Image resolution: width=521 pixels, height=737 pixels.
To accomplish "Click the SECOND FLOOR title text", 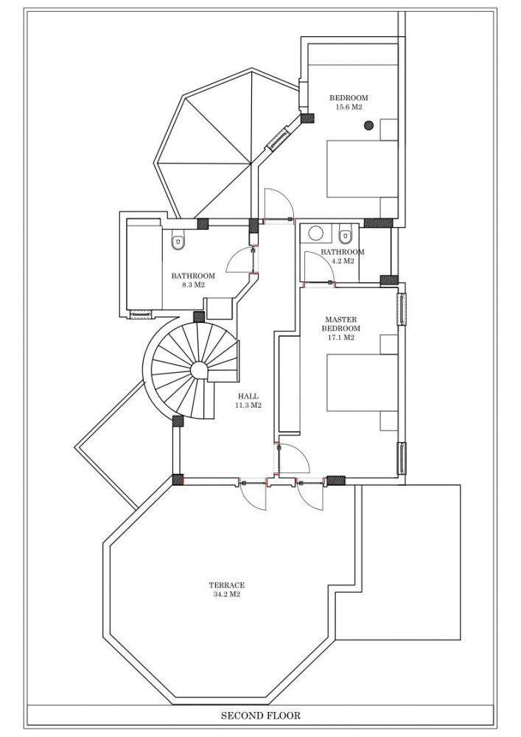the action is pos(260,716).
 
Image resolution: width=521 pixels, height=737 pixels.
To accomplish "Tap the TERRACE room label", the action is pos(226,585).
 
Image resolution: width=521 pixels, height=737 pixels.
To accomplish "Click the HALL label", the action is pos(248,397).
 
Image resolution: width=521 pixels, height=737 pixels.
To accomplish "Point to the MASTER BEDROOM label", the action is pos(341,324).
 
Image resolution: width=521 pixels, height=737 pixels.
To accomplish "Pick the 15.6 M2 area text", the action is pos(349,107).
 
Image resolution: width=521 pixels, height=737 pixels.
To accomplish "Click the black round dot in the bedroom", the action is pos(368,125).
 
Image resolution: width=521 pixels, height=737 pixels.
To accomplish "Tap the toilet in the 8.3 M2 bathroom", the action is pos(178,240).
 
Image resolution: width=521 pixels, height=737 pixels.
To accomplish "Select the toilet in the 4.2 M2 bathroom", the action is pos(346,234).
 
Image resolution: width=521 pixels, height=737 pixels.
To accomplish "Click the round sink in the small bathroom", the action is pos(315,233).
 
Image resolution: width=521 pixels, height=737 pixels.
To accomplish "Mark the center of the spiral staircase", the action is pos(200,370).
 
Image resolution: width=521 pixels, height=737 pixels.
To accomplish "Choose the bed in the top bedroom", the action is pos(363,168).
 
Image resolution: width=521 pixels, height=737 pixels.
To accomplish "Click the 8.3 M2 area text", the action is pos(193,284).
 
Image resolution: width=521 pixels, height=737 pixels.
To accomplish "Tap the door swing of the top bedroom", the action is pos(279,204).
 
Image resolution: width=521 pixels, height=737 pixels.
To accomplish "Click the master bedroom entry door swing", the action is pos(295,458).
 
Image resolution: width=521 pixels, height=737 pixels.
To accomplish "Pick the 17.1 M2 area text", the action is pos(341,338).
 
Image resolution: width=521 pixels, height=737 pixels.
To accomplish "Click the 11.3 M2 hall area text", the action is pos(248,405).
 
